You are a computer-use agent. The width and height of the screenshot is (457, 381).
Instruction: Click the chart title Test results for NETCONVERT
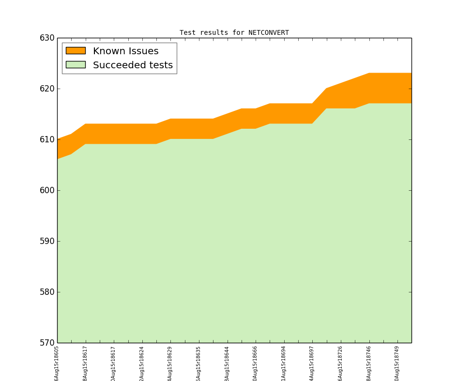234,33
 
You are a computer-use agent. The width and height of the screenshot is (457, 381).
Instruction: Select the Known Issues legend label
125,51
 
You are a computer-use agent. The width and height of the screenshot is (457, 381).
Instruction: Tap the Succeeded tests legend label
133,65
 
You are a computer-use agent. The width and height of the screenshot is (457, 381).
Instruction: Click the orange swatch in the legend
76,50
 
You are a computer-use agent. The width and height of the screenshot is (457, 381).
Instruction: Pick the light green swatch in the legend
76,64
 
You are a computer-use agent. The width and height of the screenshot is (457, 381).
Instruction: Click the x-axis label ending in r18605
57,363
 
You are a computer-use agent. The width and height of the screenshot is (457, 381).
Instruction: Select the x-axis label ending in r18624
142,363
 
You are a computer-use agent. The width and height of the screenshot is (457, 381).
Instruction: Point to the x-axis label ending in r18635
199,363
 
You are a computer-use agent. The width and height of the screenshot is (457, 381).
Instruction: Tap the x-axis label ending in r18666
256,363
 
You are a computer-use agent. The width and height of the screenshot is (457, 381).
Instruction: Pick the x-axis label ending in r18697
312,363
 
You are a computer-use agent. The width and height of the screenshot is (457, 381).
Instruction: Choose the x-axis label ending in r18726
341,363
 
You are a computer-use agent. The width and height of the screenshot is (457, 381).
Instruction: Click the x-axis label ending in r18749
397,363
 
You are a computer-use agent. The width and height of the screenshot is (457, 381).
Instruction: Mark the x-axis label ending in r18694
284,363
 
